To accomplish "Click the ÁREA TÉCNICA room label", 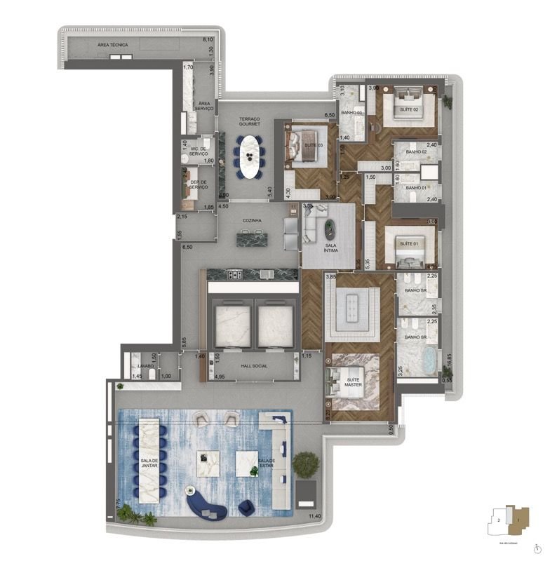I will [x=113, y=44].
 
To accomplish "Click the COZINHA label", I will [x=252, y=220].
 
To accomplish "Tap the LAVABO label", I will [x=146, y=366].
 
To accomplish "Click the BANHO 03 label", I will [x=351, y=113].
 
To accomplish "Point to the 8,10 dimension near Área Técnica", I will [x=208, y=40].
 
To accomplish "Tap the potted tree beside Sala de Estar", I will [x=305, y=464].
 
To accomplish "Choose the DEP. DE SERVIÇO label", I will [x=199, y=185].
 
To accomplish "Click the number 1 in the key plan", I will [x=518, y=520].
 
